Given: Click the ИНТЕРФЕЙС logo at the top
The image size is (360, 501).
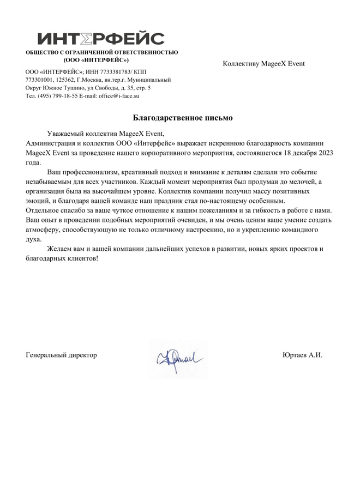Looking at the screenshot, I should point(101,39).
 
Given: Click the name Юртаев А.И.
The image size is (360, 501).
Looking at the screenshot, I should point(303,355).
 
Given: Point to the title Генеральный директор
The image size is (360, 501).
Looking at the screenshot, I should point(61,355).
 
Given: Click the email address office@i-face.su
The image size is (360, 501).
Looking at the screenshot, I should point(119,95).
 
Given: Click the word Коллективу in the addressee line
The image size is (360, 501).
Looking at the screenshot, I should point(242,63).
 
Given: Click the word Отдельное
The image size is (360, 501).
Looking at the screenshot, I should point(43,210).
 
